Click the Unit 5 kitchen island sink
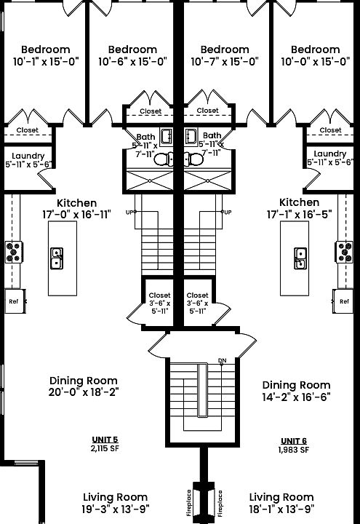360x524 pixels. click(x=57, y=258)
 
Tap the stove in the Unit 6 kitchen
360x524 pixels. click(x=344, y=252)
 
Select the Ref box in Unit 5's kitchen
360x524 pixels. click(x=15, y=301)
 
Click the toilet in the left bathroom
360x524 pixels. click(x=164, y=159)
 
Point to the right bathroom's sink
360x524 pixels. click(x=191, y=136)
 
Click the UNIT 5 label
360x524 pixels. click(x=105, y=440)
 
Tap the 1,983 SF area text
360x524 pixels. click(x=294, y=450)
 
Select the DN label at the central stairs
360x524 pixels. click(x=222, y=360)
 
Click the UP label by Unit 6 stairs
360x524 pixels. click(x=228, y=213)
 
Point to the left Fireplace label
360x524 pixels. click(x=189, y=503)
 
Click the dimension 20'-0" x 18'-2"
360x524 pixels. click(x=84, y=392)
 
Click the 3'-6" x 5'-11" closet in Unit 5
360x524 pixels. click(x=159, y=303)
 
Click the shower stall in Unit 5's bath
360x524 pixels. click(x=150, y=180)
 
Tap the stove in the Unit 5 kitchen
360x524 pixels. click(x=14, y=252)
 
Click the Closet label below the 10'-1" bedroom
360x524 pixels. click(x=28, y=130)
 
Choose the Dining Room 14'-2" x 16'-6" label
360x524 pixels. click(x=297, y=391)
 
